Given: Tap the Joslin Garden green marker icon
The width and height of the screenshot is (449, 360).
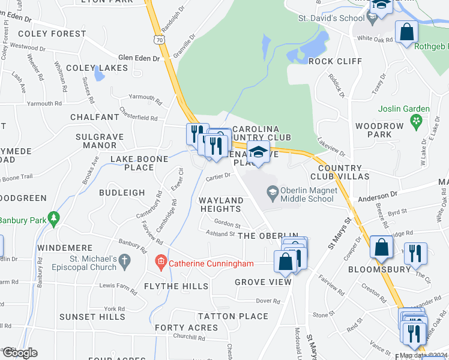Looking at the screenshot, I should pos(415,122).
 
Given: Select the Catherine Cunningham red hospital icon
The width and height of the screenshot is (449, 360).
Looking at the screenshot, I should pos(160,262).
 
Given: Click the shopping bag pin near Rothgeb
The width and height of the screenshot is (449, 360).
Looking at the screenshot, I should pos(407,32).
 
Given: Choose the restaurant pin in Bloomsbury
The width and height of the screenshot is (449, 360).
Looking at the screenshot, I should pos(414,253).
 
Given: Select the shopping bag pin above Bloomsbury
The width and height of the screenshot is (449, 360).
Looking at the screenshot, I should pos(382,247).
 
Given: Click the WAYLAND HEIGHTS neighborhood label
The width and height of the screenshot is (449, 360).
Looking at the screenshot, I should pos(221,205).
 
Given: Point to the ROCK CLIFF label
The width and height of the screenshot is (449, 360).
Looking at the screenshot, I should pos(336,61).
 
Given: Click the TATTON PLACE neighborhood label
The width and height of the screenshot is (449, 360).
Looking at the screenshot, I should pos(233,316).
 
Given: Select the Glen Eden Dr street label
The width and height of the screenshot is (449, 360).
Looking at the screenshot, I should pos(139,58).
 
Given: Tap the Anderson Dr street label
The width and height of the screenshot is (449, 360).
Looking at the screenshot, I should pos(378,195).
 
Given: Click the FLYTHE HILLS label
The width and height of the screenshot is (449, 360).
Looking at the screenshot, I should pos(176,287).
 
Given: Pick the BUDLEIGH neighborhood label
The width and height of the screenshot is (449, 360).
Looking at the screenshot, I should pos(122,193).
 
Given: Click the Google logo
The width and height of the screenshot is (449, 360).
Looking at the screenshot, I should pos(19,353).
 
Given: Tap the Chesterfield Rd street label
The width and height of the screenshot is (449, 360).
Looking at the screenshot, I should pos(138,118).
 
